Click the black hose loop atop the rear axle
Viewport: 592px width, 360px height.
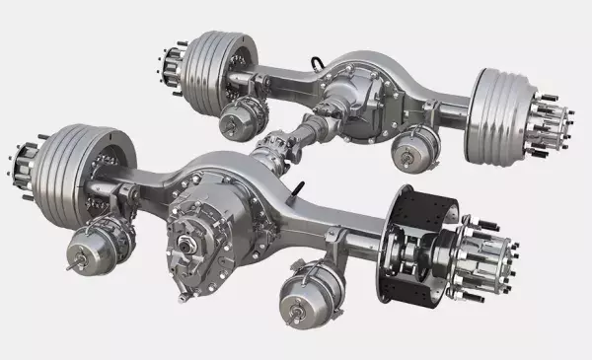(x=317, y=61)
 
